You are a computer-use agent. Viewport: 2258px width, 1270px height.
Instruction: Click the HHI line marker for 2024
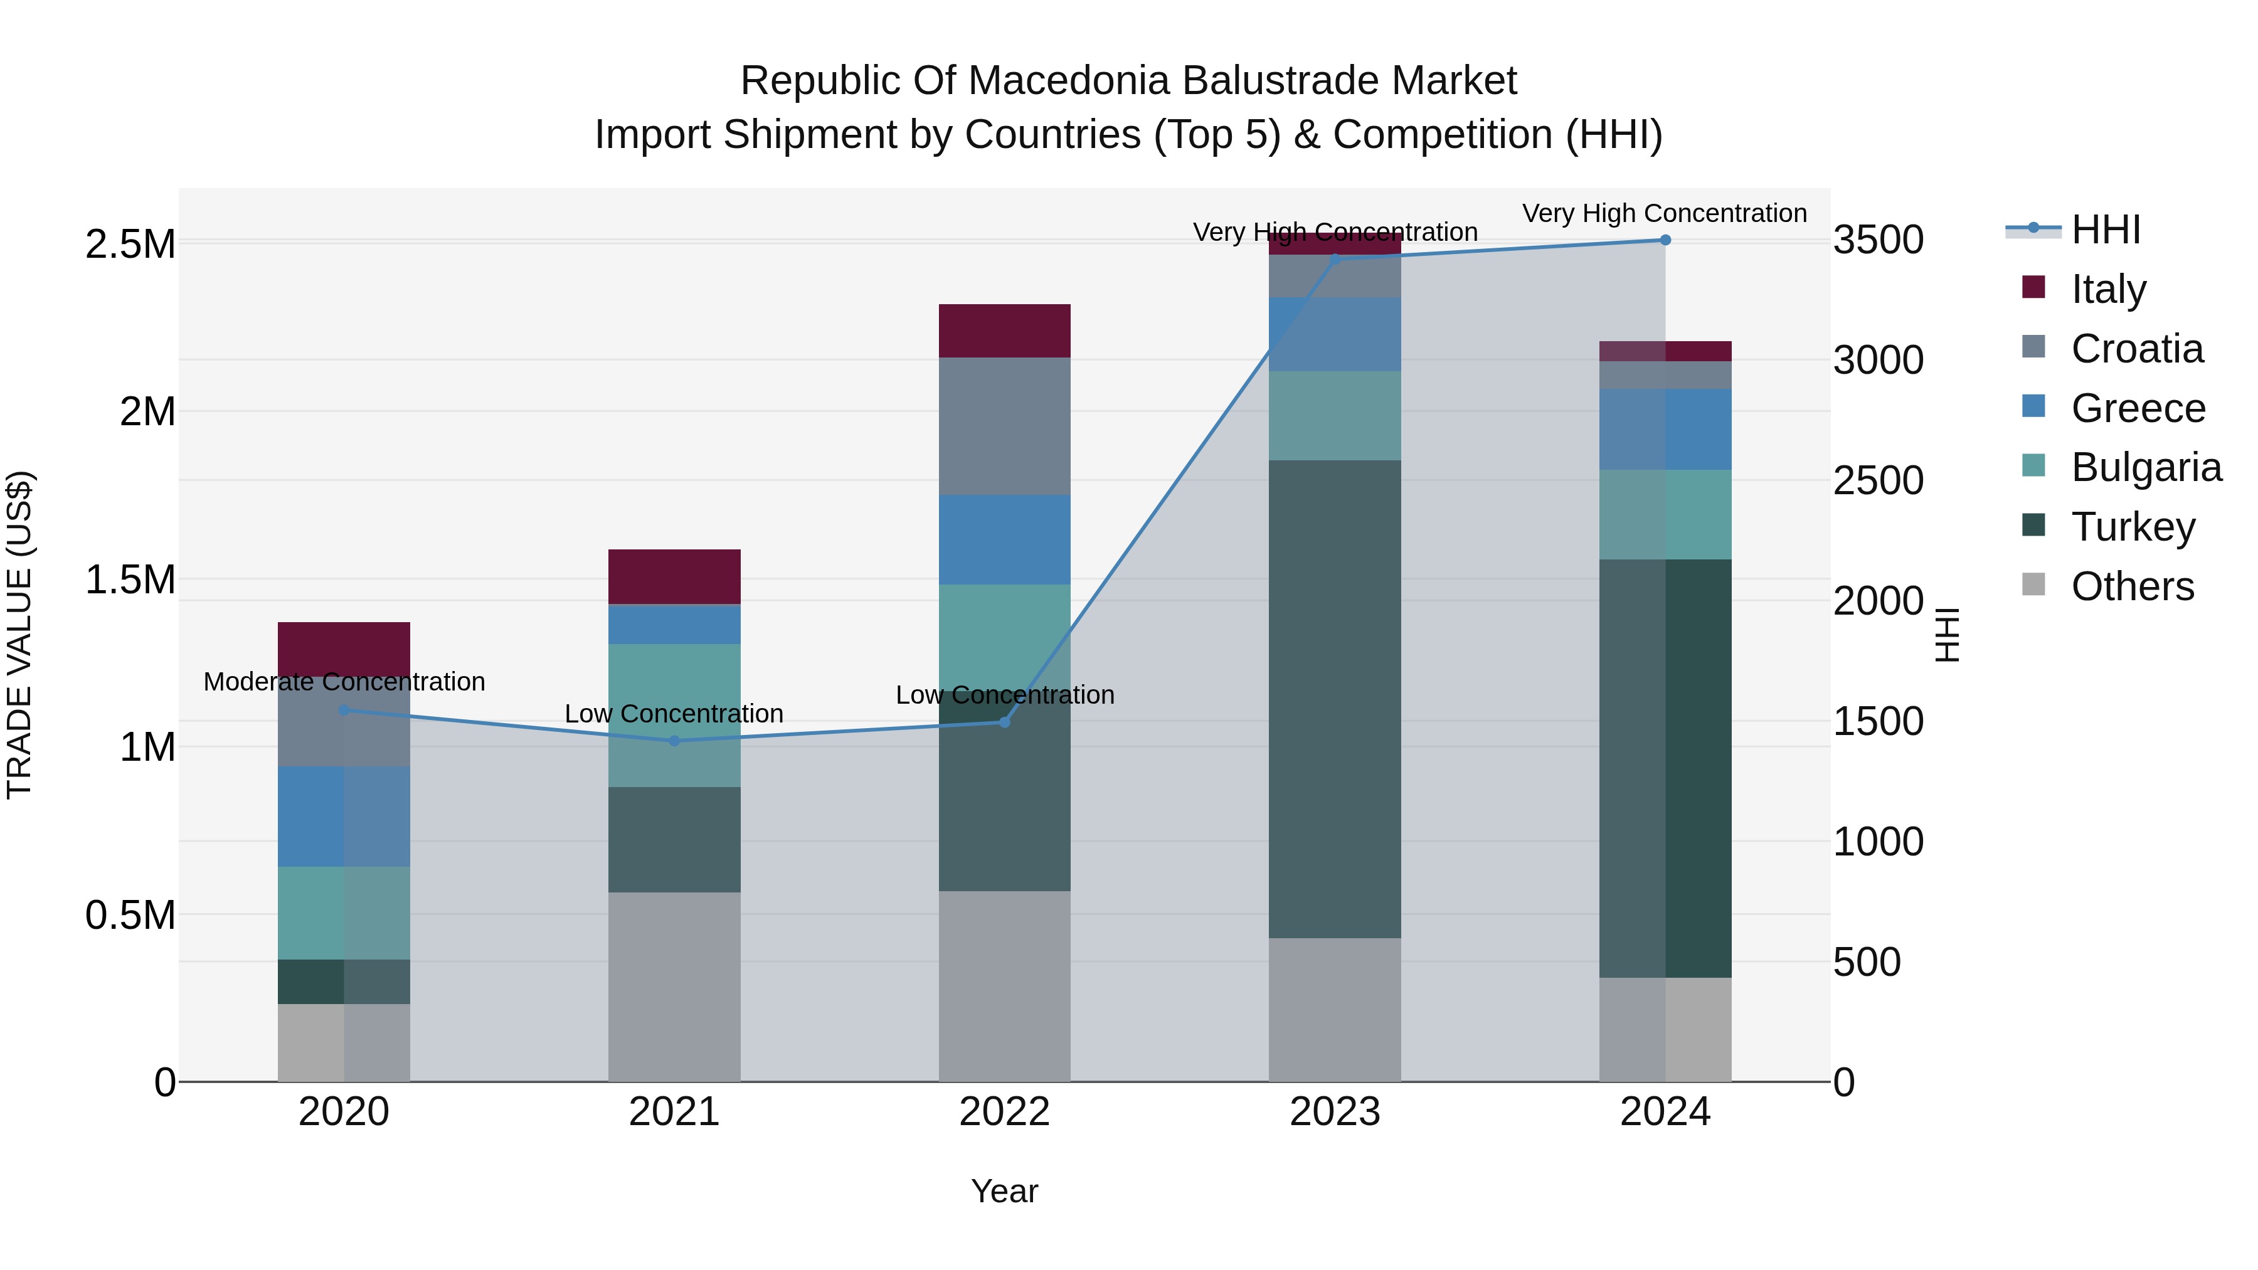point(1665,240)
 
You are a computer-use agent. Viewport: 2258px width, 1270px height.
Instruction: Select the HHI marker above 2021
point(674,741)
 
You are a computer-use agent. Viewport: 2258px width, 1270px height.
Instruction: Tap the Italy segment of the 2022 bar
point(1005,331)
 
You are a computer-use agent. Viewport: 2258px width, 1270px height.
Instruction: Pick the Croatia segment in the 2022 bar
point(1005,426)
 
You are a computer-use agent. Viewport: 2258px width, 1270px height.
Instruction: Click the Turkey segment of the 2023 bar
point(1334,699)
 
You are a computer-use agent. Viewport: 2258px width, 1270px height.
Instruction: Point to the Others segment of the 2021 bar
point(674,986)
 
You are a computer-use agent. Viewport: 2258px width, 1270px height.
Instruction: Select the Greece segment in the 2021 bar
point(674,625)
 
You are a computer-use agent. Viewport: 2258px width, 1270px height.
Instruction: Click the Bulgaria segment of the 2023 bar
point(1334,415)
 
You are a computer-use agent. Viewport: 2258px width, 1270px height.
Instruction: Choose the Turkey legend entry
point(2132,527)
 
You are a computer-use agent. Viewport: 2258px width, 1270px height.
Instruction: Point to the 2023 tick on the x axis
point(1334,1111)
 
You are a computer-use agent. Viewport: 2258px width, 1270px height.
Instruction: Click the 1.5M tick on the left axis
point(130,579)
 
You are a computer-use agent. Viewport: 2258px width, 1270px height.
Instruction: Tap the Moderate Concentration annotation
point(344,682)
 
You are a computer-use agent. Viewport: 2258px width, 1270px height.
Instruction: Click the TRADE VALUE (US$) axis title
point(19,635)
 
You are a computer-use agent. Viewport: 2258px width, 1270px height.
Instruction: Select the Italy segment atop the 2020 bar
point(344,648)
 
